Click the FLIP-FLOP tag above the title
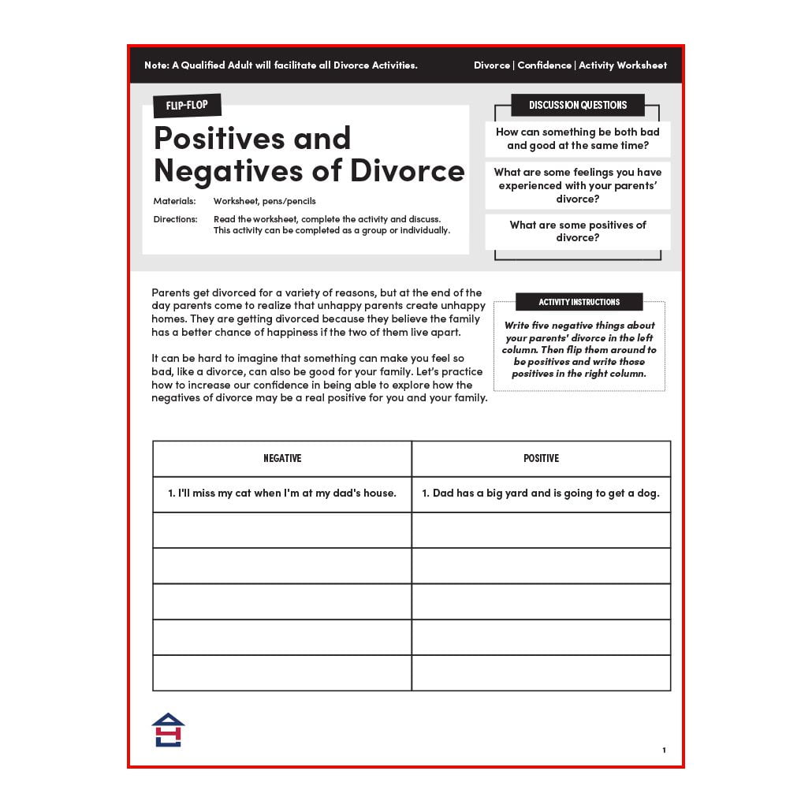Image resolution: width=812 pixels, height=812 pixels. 187,105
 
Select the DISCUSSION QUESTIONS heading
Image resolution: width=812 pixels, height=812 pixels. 578,105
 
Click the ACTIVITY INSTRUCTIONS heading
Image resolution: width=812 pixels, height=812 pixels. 579,302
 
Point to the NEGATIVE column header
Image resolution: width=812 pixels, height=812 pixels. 282,458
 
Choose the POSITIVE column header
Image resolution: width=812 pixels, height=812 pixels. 541,458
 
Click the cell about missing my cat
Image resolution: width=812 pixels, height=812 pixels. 282,494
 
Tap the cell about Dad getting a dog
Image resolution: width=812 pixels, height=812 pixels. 541,494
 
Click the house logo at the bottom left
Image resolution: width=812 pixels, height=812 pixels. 168,730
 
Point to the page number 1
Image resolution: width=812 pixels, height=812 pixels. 664,750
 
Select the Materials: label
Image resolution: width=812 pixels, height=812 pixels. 174,201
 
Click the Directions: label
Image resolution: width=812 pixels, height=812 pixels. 175,219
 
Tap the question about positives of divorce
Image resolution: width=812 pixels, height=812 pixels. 578,231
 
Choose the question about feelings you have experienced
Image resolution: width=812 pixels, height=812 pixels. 578,185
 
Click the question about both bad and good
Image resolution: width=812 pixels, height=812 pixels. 578,139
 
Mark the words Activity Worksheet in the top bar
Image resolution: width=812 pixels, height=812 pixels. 623,65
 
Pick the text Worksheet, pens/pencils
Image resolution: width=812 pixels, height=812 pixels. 264,201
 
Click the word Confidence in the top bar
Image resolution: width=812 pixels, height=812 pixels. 544,65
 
